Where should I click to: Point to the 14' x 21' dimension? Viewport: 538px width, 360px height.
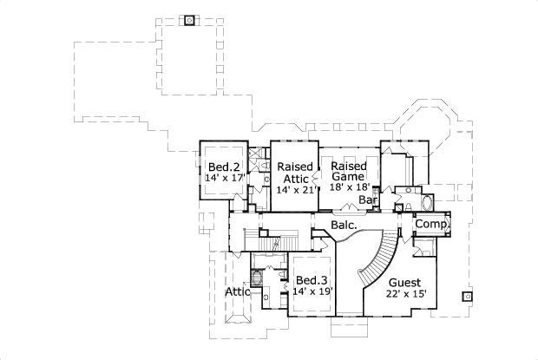pyautogui.click(x=294, y=189)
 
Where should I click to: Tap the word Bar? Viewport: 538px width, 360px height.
pyautogui.click(x=370, y=200)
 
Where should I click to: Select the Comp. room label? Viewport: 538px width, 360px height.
pyautogui.click(x=431, y=224)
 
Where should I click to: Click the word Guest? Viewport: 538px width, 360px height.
pyautogui.click(x=404, y=283)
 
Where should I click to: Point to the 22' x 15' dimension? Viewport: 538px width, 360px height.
pyautogui.click(x=405, y=295)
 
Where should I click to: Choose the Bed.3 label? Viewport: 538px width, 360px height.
pyautogui.click(x=311, y=280)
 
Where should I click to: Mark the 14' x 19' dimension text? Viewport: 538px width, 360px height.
pyautogui.click(x=312, y=292)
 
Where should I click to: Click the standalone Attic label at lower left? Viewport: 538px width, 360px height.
pyautogui.click(x=238, y=291)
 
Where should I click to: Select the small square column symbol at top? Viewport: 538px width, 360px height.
pyautogui.click(x=190, y=19)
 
